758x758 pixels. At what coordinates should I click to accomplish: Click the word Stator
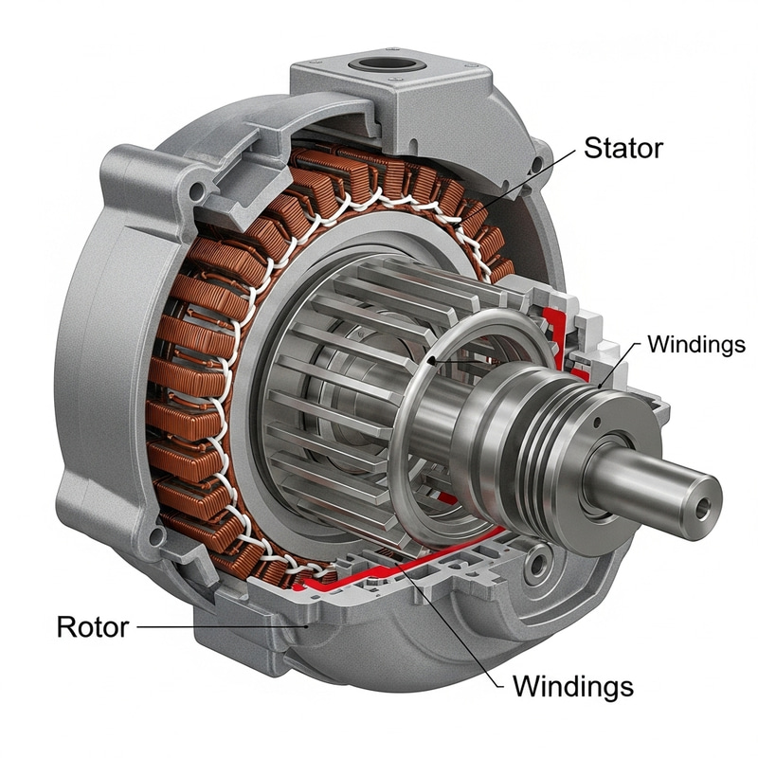pyautogui.click(x=623, y=148)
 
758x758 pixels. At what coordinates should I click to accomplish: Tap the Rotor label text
pyautogui.click(x=92, y=626)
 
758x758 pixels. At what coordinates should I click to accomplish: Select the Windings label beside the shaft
pyautogui.click(x=695, y=344)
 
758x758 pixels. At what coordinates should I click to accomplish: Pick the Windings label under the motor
pyautogui.click(x=572, y=684)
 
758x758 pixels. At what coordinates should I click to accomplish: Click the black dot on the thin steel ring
pyautogui.click(x=431, y=360)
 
